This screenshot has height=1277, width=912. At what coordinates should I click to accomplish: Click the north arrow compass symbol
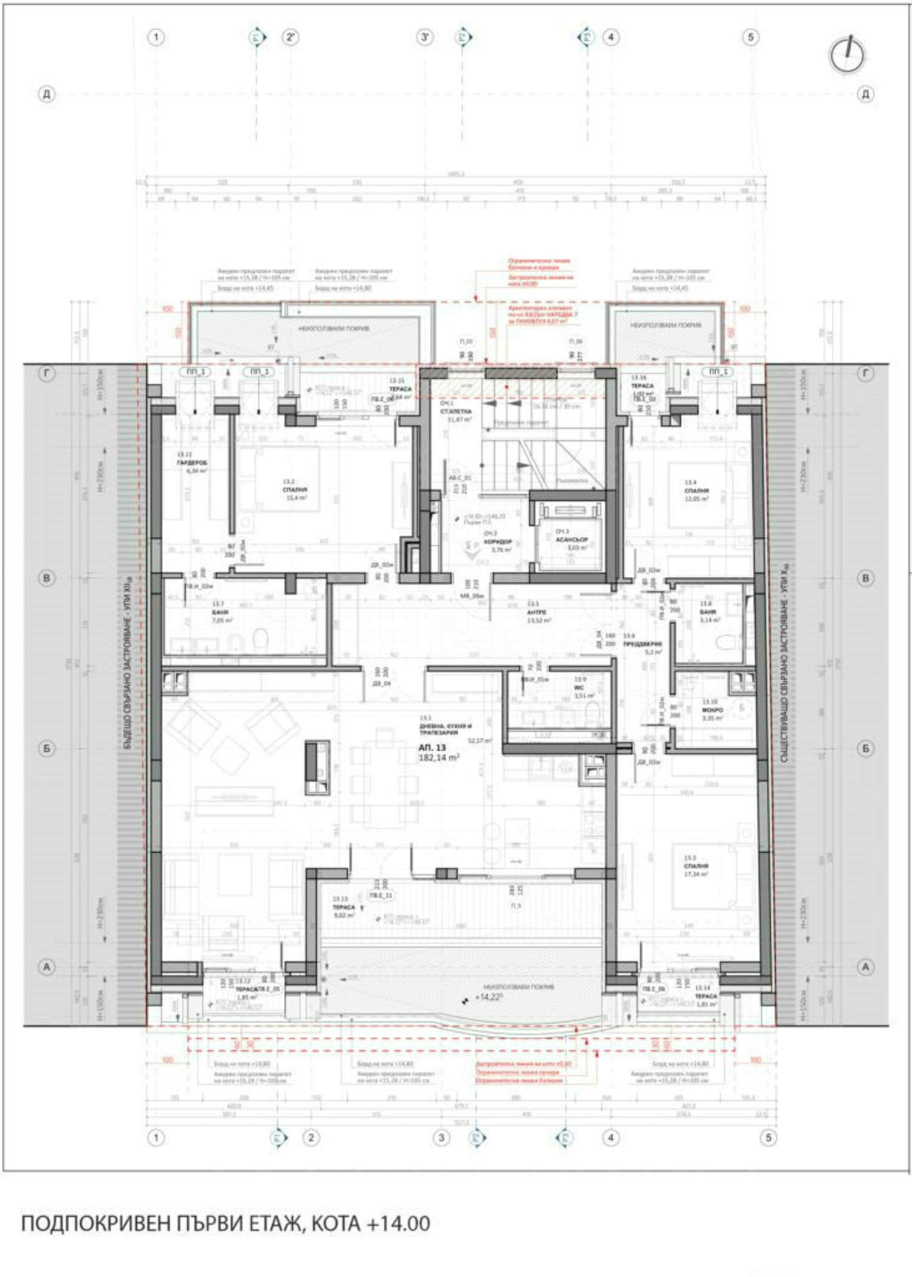(847, 55)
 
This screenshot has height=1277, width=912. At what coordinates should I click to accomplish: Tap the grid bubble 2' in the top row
(291, 37)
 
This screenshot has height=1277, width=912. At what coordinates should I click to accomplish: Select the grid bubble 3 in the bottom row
(441, 1138)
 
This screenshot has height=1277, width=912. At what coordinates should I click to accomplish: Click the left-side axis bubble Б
(47, 748)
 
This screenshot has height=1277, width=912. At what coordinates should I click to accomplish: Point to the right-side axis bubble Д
(865, 94)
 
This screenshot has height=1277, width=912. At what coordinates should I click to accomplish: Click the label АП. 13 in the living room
(432, 748)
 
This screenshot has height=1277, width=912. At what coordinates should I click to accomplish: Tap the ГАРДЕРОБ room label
(192, 463)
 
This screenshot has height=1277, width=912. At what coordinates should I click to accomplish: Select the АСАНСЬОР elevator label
(572, 539)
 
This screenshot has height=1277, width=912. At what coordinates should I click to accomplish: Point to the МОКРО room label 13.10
(712, 710)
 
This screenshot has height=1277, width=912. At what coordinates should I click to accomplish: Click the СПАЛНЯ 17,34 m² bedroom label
(696, 866)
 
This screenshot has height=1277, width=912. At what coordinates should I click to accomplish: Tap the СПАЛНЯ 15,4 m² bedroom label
(295, 489)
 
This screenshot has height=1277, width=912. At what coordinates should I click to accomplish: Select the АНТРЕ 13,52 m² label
(537, 612)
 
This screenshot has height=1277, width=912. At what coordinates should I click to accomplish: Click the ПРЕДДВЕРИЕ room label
(643, 644)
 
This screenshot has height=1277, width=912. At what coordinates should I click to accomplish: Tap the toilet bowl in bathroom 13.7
(260, 638)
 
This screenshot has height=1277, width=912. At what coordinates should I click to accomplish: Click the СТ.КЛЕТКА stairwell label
(455, 411)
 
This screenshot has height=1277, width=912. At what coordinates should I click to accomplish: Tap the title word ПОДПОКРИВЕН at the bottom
(97, 1223)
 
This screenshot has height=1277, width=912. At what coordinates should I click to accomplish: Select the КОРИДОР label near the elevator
(498, 541)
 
